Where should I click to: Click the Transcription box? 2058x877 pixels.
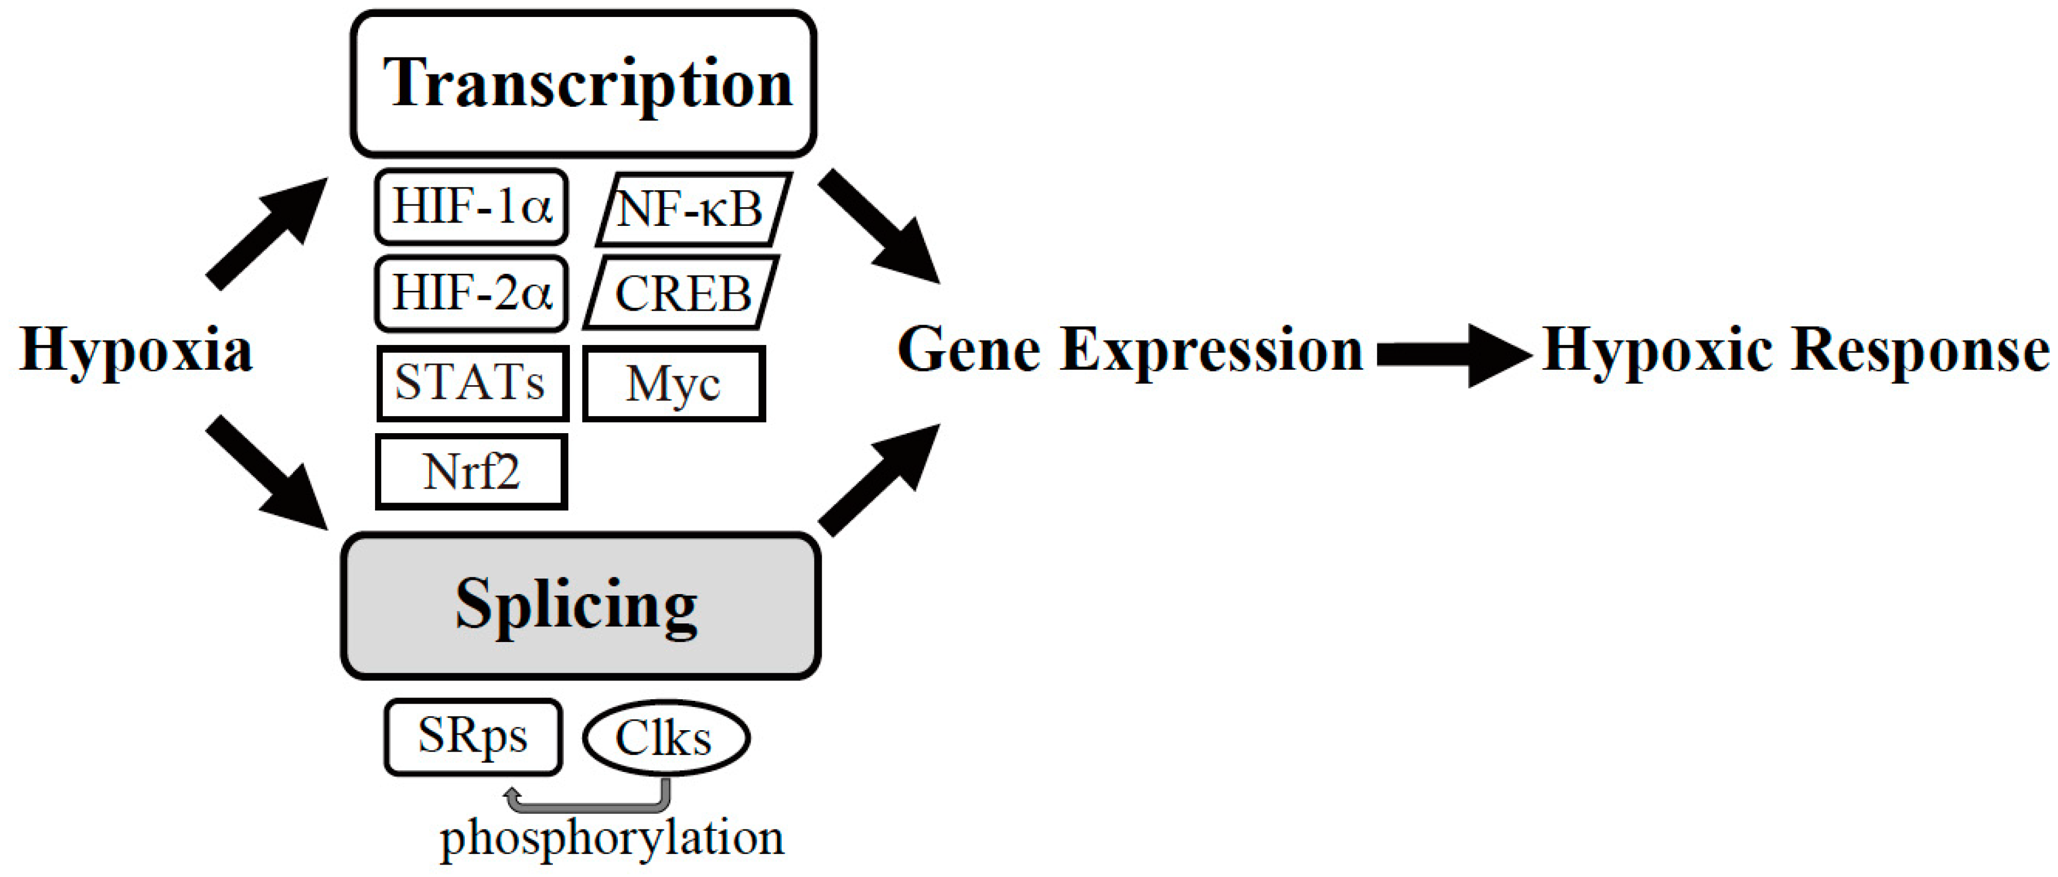[583, 84]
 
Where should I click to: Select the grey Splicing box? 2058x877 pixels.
[581, 605]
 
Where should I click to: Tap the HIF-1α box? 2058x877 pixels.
[472, 207]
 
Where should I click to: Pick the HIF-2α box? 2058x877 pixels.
[472, 293]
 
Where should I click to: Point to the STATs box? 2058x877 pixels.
[472, 382]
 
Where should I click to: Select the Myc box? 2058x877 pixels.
[674, 384]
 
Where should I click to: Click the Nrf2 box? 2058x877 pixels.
[472, 471]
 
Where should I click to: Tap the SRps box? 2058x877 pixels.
[473, 736]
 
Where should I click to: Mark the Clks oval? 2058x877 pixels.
[665, 737]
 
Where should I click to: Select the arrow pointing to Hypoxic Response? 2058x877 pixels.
[1450, 355]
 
